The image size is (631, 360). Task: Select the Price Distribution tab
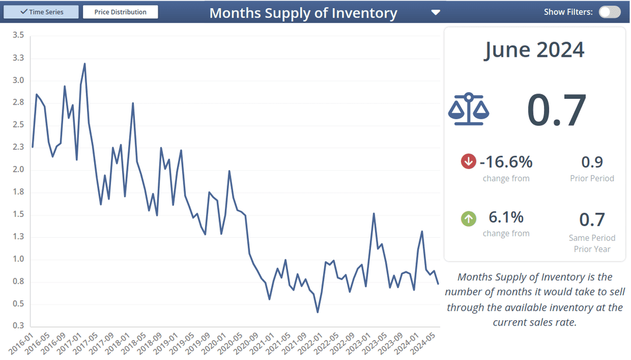tap(120, 12)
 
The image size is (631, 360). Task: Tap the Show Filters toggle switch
tap(609, 12)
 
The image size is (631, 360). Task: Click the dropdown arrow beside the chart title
tap(435, 12)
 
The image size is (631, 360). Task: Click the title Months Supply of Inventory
tap(303, 13)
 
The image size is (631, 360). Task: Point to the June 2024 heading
tap(534, 50)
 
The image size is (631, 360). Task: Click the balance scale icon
tap(469, 109)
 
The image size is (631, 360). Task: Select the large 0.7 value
tap(556, 110)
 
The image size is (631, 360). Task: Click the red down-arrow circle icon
tap(469, 161)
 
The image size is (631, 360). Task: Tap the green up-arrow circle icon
tap(469, 219)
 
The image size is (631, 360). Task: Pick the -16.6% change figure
tap(506, 161)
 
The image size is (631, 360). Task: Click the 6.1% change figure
tap(506, 217)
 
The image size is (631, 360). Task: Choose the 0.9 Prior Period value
tap(592, 162)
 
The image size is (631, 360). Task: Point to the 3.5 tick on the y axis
tap(18, 36)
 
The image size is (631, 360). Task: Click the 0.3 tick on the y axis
tap(18, 326)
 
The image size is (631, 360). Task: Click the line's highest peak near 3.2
tap(85, 64)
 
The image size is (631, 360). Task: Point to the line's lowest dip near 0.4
tap(317, 312)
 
